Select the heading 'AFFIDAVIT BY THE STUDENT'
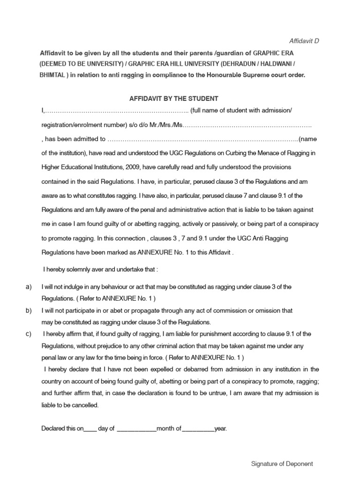point(174,98)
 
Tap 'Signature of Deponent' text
point(282,464)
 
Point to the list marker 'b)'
point(29,310)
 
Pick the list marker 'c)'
point(29,334)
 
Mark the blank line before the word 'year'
point(198,428)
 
